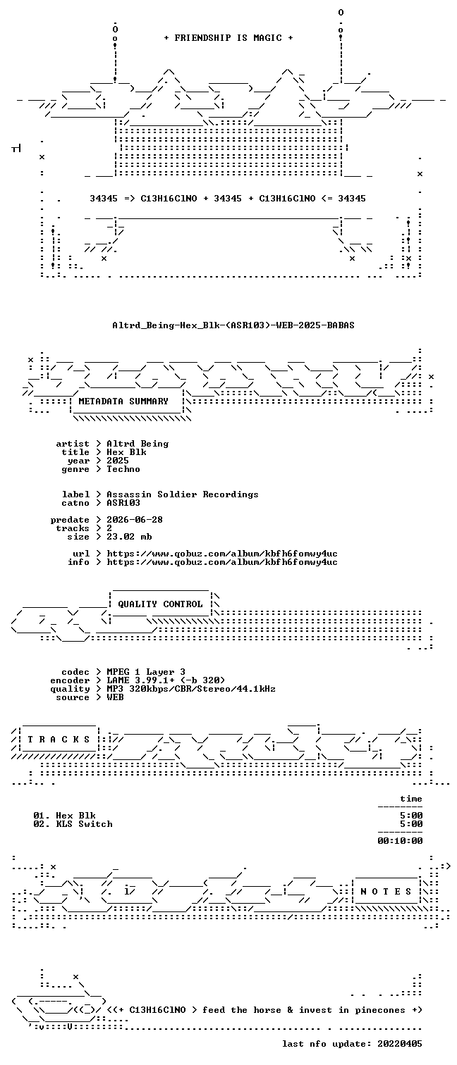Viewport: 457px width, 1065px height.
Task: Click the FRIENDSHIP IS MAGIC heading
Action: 228,38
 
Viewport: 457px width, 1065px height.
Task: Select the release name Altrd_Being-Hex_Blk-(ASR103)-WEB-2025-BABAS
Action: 233,325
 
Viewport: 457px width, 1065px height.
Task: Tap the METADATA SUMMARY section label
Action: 123,401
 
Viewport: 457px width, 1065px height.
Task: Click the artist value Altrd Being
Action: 138,444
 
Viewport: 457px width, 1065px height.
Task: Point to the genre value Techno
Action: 123,469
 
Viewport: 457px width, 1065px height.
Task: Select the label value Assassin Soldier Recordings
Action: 183,494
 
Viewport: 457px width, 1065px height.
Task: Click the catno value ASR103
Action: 123,503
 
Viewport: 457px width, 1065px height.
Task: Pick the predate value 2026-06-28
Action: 135,520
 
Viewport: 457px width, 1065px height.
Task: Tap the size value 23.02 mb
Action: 129,537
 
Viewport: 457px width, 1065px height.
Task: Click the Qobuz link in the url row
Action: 222,554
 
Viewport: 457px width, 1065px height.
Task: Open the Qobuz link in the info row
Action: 222,562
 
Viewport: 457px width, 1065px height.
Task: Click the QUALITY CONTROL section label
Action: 160,604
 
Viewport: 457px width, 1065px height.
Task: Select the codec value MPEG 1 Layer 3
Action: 146,672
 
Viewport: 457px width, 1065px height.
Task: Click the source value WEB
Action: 115,697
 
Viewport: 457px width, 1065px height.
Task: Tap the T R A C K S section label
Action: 59,740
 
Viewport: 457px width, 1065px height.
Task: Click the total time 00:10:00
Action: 400,841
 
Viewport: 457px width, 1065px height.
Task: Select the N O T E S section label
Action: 386,892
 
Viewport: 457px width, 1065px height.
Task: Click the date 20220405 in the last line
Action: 400,1044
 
